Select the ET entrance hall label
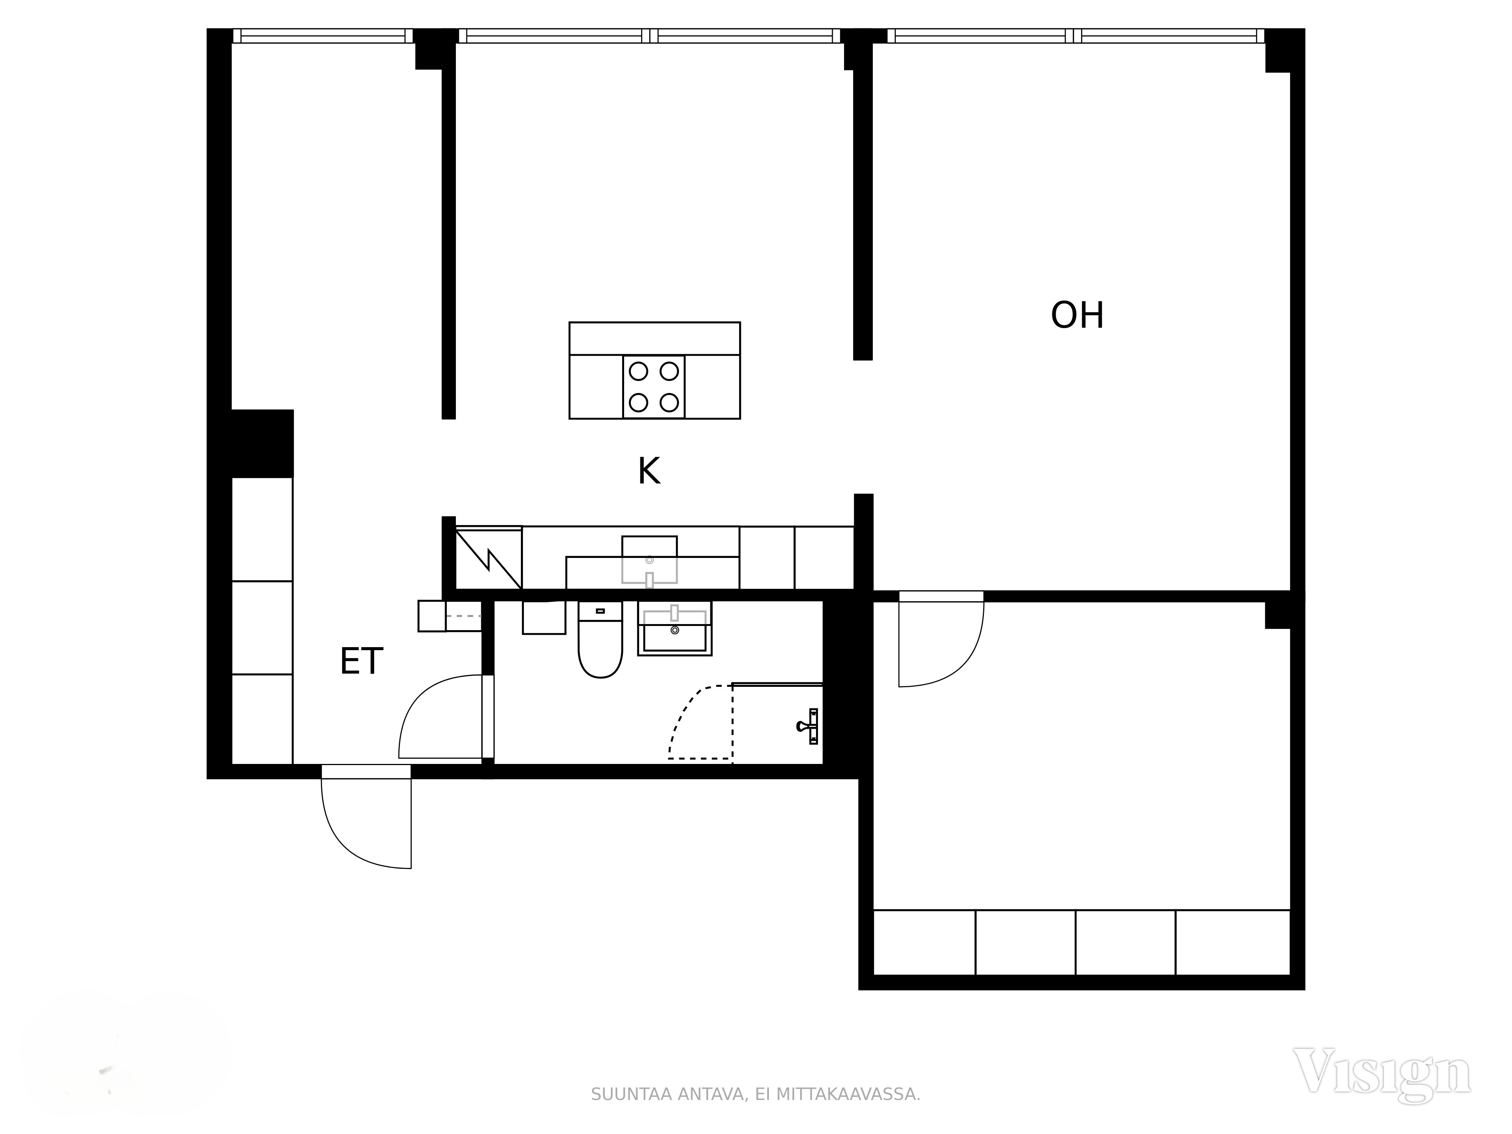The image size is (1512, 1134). pos(362,661)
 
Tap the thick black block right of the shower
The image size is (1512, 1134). pos(841,683)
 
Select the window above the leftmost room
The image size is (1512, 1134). pos(323,36)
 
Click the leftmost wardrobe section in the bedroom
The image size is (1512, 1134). pos(924,942)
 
